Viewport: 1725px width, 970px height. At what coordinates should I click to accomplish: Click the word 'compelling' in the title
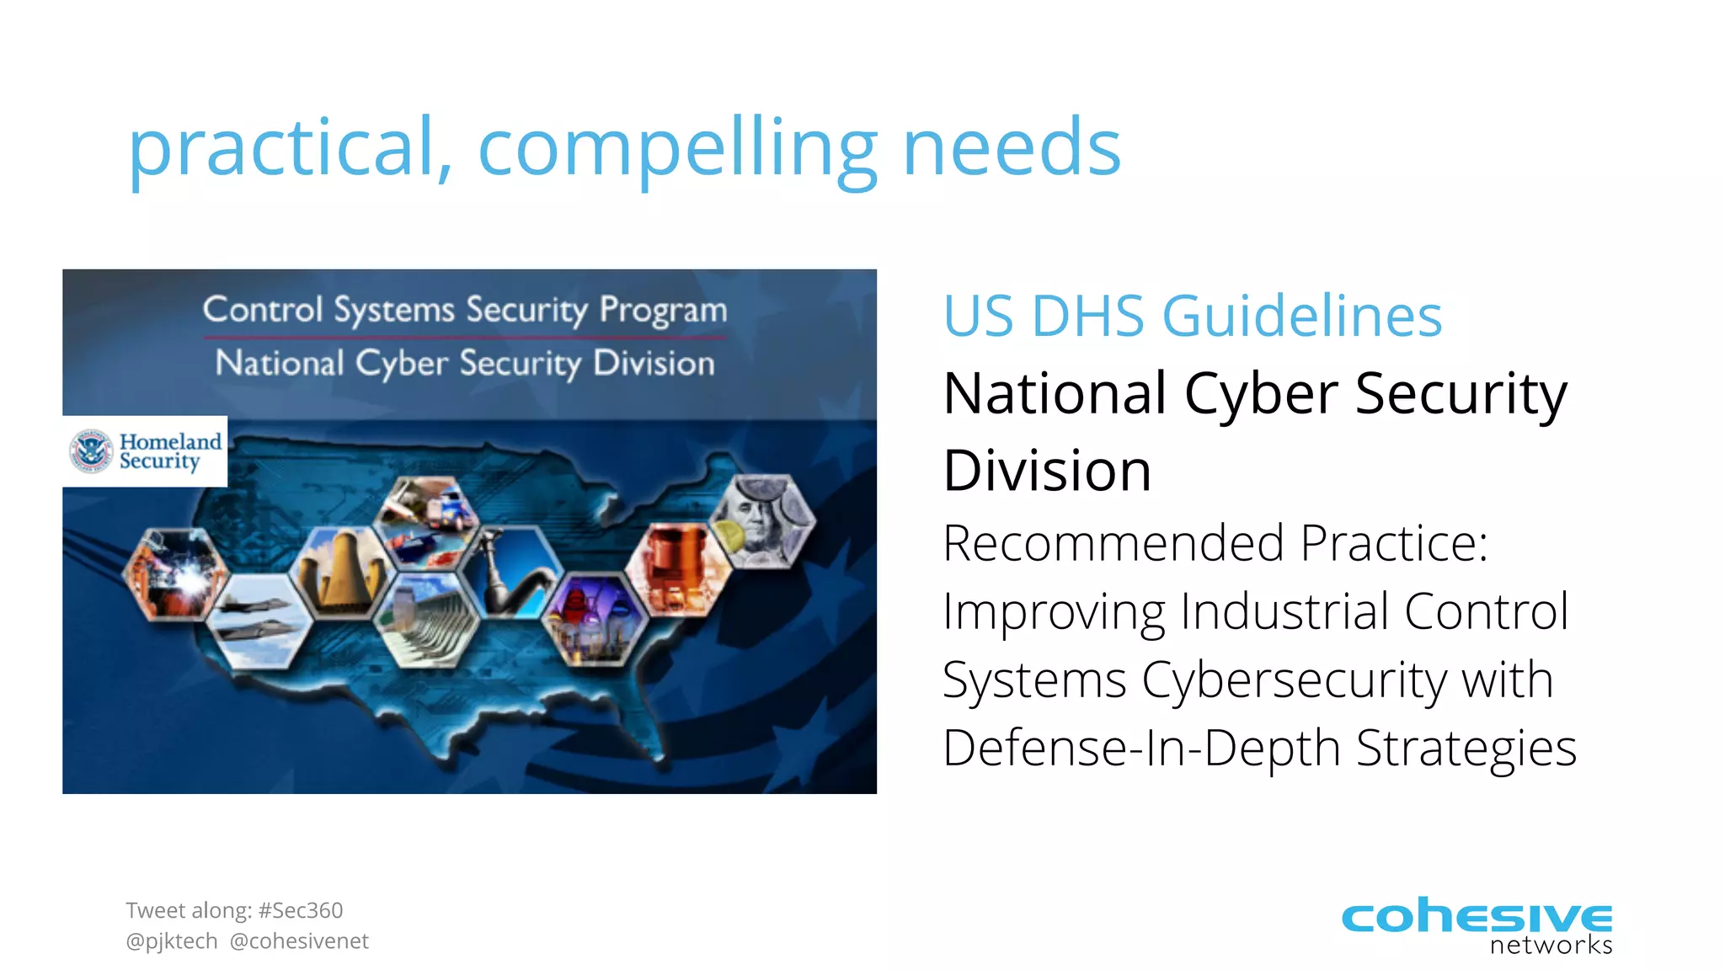pos(678,149)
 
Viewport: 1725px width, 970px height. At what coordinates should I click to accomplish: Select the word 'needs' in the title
pos(1011,149)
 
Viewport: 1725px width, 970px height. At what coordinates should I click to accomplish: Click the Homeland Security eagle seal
pos(90,451)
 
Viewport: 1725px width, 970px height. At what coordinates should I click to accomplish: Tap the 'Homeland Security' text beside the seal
pos(169,451)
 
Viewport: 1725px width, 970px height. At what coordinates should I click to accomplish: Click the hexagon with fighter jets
pos(259,621)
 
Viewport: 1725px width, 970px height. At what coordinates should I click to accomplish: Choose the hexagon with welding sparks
pos(174,575)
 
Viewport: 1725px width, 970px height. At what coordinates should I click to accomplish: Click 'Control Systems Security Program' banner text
pos(465,310)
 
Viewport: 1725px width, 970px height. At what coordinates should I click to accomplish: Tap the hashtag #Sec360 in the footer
pos(301,910)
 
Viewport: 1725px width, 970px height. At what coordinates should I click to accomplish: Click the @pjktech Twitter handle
pos(172,941)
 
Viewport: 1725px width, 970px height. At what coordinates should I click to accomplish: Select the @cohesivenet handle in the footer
pos(299,941)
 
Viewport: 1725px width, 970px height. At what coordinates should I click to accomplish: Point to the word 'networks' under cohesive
pos(1551,945)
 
